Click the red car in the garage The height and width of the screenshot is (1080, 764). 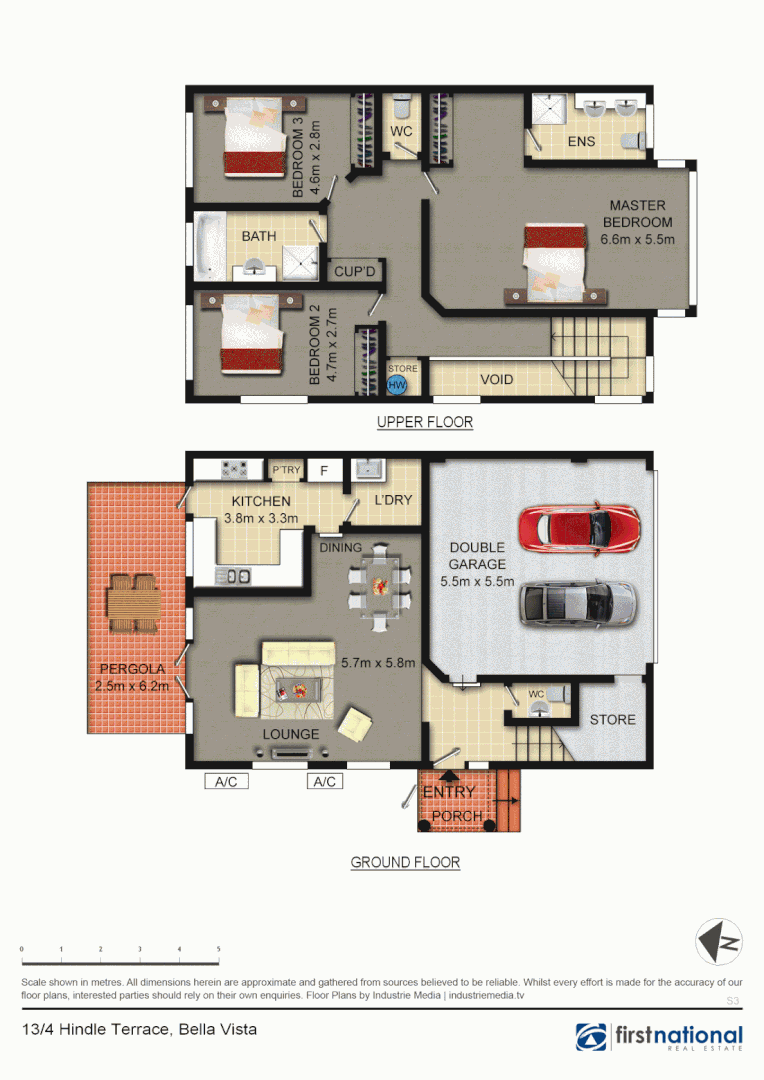(x=579, y=526)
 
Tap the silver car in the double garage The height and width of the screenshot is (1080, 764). (x=578, y=602)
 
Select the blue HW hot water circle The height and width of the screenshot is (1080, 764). (x=397, y=385)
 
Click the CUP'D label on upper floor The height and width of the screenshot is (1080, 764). (x=355, y=271)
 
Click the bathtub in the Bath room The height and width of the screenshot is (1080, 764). (x=211, y=245)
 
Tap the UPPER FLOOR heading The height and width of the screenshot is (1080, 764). (x=424, y=422)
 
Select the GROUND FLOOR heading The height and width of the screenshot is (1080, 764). (x=405, y=862)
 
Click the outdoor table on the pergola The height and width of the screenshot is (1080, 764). (x=133, y=602)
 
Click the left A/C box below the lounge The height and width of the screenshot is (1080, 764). (x=226, y=781)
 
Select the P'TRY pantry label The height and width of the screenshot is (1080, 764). (x=286, y=469)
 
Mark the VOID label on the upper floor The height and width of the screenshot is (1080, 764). (x=497, y=380)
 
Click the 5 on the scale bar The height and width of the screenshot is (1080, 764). (x=218, y=948)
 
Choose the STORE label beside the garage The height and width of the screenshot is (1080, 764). (x=612, y=719)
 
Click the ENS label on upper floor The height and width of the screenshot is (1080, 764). (x=581, y=141)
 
